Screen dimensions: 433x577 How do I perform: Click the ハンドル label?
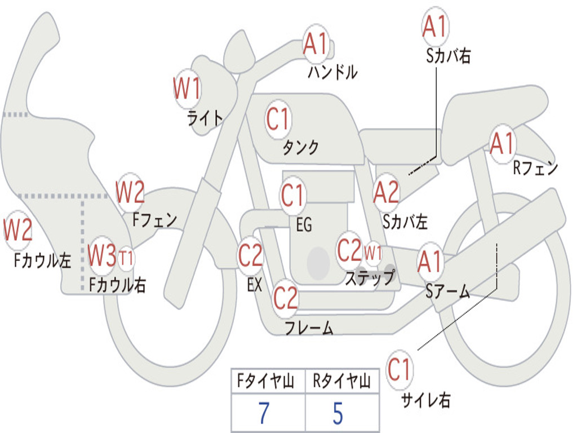point(332,72)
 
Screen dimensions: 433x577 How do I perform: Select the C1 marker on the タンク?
point(278,119)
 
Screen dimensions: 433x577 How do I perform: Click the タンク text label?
point(300,148)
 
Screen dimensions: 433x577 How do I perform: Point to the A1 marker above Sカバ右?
point(434,26)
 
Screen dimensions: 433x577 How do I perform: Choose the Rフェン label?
point(535,167)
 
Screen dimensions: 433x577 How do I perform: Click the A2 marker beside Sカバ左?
point(386,192)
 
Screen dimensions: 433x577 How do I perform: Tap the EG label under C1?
point(304,224)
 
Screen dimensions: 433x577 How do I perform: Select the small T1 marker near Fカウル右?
point(126,258)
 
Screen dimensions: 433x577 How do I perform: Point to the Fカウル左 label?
point(43,260)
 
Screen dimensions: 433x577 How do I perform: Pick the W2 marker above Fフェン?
point(130,192)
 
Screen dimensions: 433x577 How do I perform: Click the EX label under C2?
point(255,285)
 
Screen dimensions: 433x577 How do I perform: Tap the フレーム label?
point(309,328)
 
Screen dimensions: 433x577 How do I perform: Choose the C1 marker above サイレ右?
point(400,370)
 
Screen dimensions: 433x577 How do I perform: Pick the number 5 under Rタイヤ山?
point(338,413)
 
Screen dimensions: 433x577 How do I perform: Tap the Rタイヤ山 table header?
point(341,382)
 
